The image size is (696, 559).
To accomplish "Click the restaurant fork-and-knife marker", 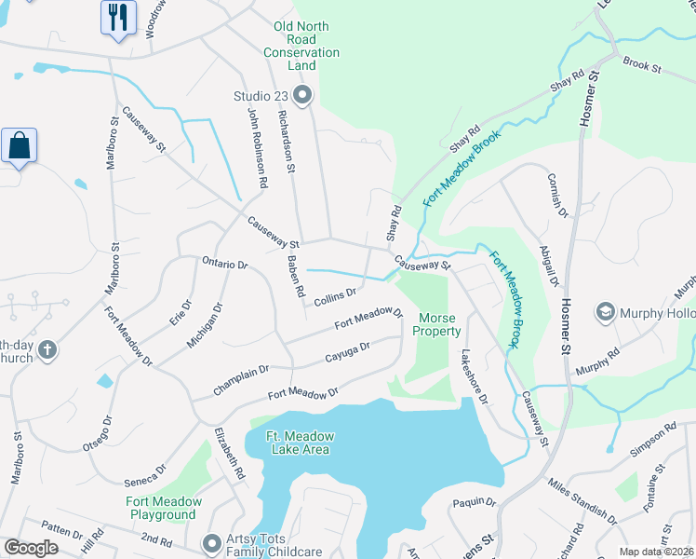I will pos(118,18).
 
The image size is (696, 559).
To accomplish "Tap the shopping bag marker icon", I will pos(19,146).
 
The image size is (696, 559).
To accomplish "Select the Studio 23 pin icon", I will pos(302,94).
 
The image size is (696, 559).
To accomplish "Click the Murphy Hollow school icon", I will pos(606,311).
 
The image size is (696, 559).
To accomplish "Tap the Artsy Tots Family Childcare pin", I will pos(212,541).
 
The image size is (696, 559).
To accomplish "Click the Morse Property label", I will pos(436,324).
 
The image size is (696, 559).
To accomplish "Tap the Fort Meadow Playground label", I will pos(163,508).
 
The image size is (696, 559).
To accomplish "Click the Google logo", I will pos(31,548).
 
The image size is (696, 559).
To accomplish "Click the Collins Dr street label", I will pos(335,297).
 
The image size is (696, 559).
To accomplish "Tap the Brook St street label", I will pos(641,67).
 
